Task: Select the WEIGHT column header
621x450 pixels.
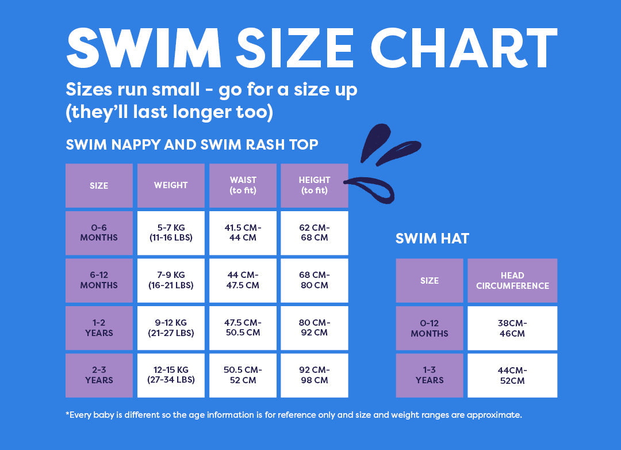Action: (171, 185)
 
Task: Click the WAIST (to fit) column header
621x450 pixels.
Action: (243, 185)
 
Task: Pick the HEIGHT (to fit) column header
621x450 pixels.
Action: (314, 185)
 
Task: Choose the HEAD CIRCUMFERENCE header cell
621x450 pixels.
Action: (512, 280)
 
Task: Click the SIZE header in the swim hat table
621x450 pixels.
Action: (429, 280)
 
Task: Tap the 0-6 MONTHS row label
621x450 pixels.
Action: (99, 232)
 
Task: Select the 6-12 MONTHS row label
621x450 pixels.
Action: (99, 280)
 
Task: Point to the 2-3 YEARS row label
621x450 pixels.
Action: (99, 375)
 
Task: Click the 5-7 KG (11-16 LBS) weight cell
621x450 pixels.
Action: (171, 232)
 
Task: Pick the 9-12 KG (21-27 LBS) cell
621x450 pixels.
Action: (171, 328)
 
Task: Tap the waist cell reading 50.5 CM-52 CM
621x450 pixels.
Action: (243, 375)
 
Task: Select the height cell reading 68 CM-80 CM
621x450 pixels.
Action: (314, 280)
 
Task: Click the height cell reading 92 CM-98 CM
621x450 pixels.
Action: (314, 375)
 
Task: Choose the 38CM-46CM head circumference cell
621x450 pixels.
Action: (512, 328)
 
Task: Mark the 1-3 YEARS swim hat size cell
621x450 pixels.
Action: (429, 375)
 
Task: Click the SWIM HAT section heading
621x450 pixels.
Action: (432, 238)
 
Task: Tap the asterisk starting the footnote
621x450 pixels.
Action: (68, 413)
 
